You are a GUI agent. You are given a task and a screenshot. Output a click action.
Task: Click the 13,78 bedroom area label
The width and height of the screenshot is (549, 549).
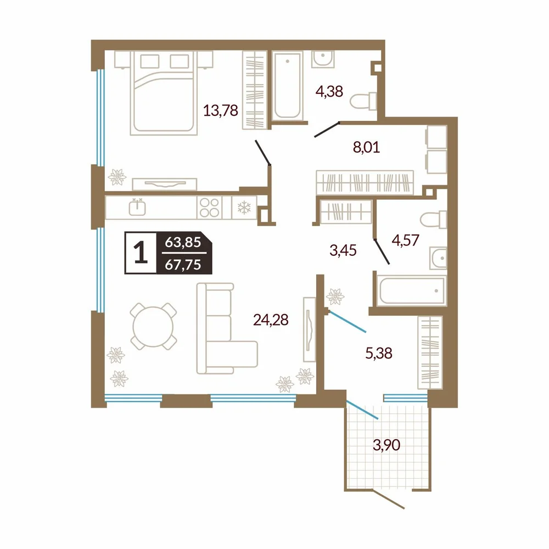(x=221, y=111)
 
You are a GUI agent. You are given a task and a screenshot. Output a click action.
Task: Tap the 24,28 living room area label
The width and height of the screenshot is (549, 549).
(x=271, y=320)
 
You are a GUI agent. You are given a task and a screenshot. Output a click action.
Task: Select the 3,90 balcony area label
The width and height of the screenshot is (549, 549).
(x=386, y=445)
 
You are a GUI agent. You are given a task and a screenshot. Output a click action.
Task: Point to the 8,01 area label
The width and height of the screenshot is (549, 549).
(x=366, y=147)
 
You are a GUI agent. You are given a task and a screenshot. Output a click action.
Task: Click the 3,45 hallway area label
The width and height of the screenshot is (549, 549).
(x=343, y=250)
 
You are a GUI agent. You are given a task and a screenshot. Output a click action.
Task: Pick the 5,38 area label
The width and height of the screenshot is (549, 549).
(x=379, y=353)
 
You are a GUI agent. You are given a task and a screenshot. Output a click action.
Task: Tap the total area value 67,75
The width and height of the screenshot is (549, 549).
(x=183, y=265)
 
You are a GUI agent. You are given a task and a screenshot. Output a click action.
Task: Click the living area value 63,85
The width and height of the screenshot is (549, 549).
(x=183, y=242)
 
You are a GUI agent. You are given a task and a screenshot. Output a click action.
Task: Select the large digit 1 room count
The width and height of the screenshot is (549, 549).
(x=141, y=253)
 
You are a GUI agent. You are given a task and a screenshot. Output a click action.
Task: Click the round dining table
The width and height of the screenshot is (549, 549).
(x=153, y=326)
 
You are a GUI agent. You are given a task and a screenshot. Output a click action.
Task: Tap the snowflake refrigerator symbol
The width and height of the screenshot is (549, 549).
(x=244, y=208)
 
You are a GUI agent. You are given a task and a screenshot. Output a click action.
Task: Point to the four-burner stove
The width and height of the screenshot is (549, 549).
(x=209, y=208)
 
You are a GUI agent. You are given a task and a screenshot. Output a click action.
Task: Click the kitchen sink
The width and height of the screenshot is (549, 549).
(x=137, y=208)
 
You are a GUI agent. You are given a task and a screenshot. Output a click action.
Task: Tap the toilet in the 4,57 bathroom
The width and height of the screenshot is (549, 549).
(x=434, y=220)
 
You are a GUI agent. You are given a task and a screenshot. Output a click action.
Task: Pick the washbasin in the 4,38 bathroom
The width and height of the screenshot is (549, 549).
(x=323, y=59)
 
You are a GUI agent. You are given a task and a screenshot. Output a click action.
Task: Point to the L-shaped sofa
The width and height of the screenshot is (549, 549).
(x=227, y=328)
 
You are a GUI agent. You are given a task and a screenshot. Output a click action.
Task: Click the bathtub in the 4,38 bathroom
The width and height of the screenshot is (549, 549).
(x=287, y=86)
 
